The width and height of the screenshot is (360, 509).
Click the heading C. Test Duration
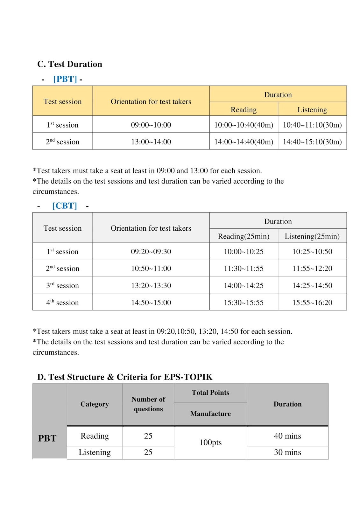pyautogui.click(x=70, y=64)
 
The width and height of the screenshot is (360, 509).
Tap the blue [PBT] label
pyautogui.click(x=65, y=79)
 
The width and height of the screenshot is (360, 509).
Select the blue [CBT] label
pyautogui.click(x=65, y=206)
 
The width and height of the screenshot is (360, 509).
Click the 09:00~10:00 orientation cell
pyautogui.click(x=151, y=125)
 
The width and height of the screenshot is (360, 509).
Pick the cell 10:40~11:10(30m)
pyautogui.click(x=312, y=125)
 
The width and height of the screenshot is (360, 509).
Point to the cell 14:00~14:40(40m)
pyautogui.click(x=244, y=142)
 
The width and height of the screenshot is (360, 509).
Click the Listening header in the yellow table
pyautogui.click(x=312, y=109)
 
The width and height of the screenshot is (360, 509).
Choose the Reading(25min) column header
pyautogui.click(x=244, y=236)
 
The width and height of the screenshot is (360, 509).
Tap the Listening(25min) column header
pyautogui.click(x=312, y=236)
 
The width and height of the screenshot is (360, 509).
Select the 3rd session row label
pyautogui.click(x=62, y=285)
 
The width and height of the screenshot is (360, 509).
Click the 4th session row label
pyautogui.click(x=62, y=302)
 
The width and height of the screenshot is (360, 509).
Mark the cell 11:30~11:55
pyautogui.click(x=244, y=268)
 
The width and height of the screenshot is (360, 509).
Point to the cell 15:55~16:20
pyautogui.click(x=312, y=302)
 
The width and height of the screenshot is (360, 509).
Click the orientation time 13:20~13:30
pyautogui.click(x=151, y=285)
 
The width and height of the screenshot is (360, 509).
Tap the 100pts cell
pyautogui.click(x=210, y=443)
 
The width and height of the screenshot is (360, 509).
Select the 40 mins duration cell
pyautogui.click(x=287, y=436)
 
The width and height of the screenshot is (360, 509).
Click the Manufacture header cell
pyautogui.click(x=210, y=414)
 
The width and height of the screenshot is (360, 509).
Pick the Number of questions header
pyautogui.click(x=148, y=404)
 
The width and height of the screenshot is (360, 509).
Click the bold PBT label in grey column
pyautogui.click(x=47, y=438)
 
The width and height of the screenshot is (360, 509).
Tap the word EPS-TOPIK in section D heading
pyautogui.click(x=188, y=377)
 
